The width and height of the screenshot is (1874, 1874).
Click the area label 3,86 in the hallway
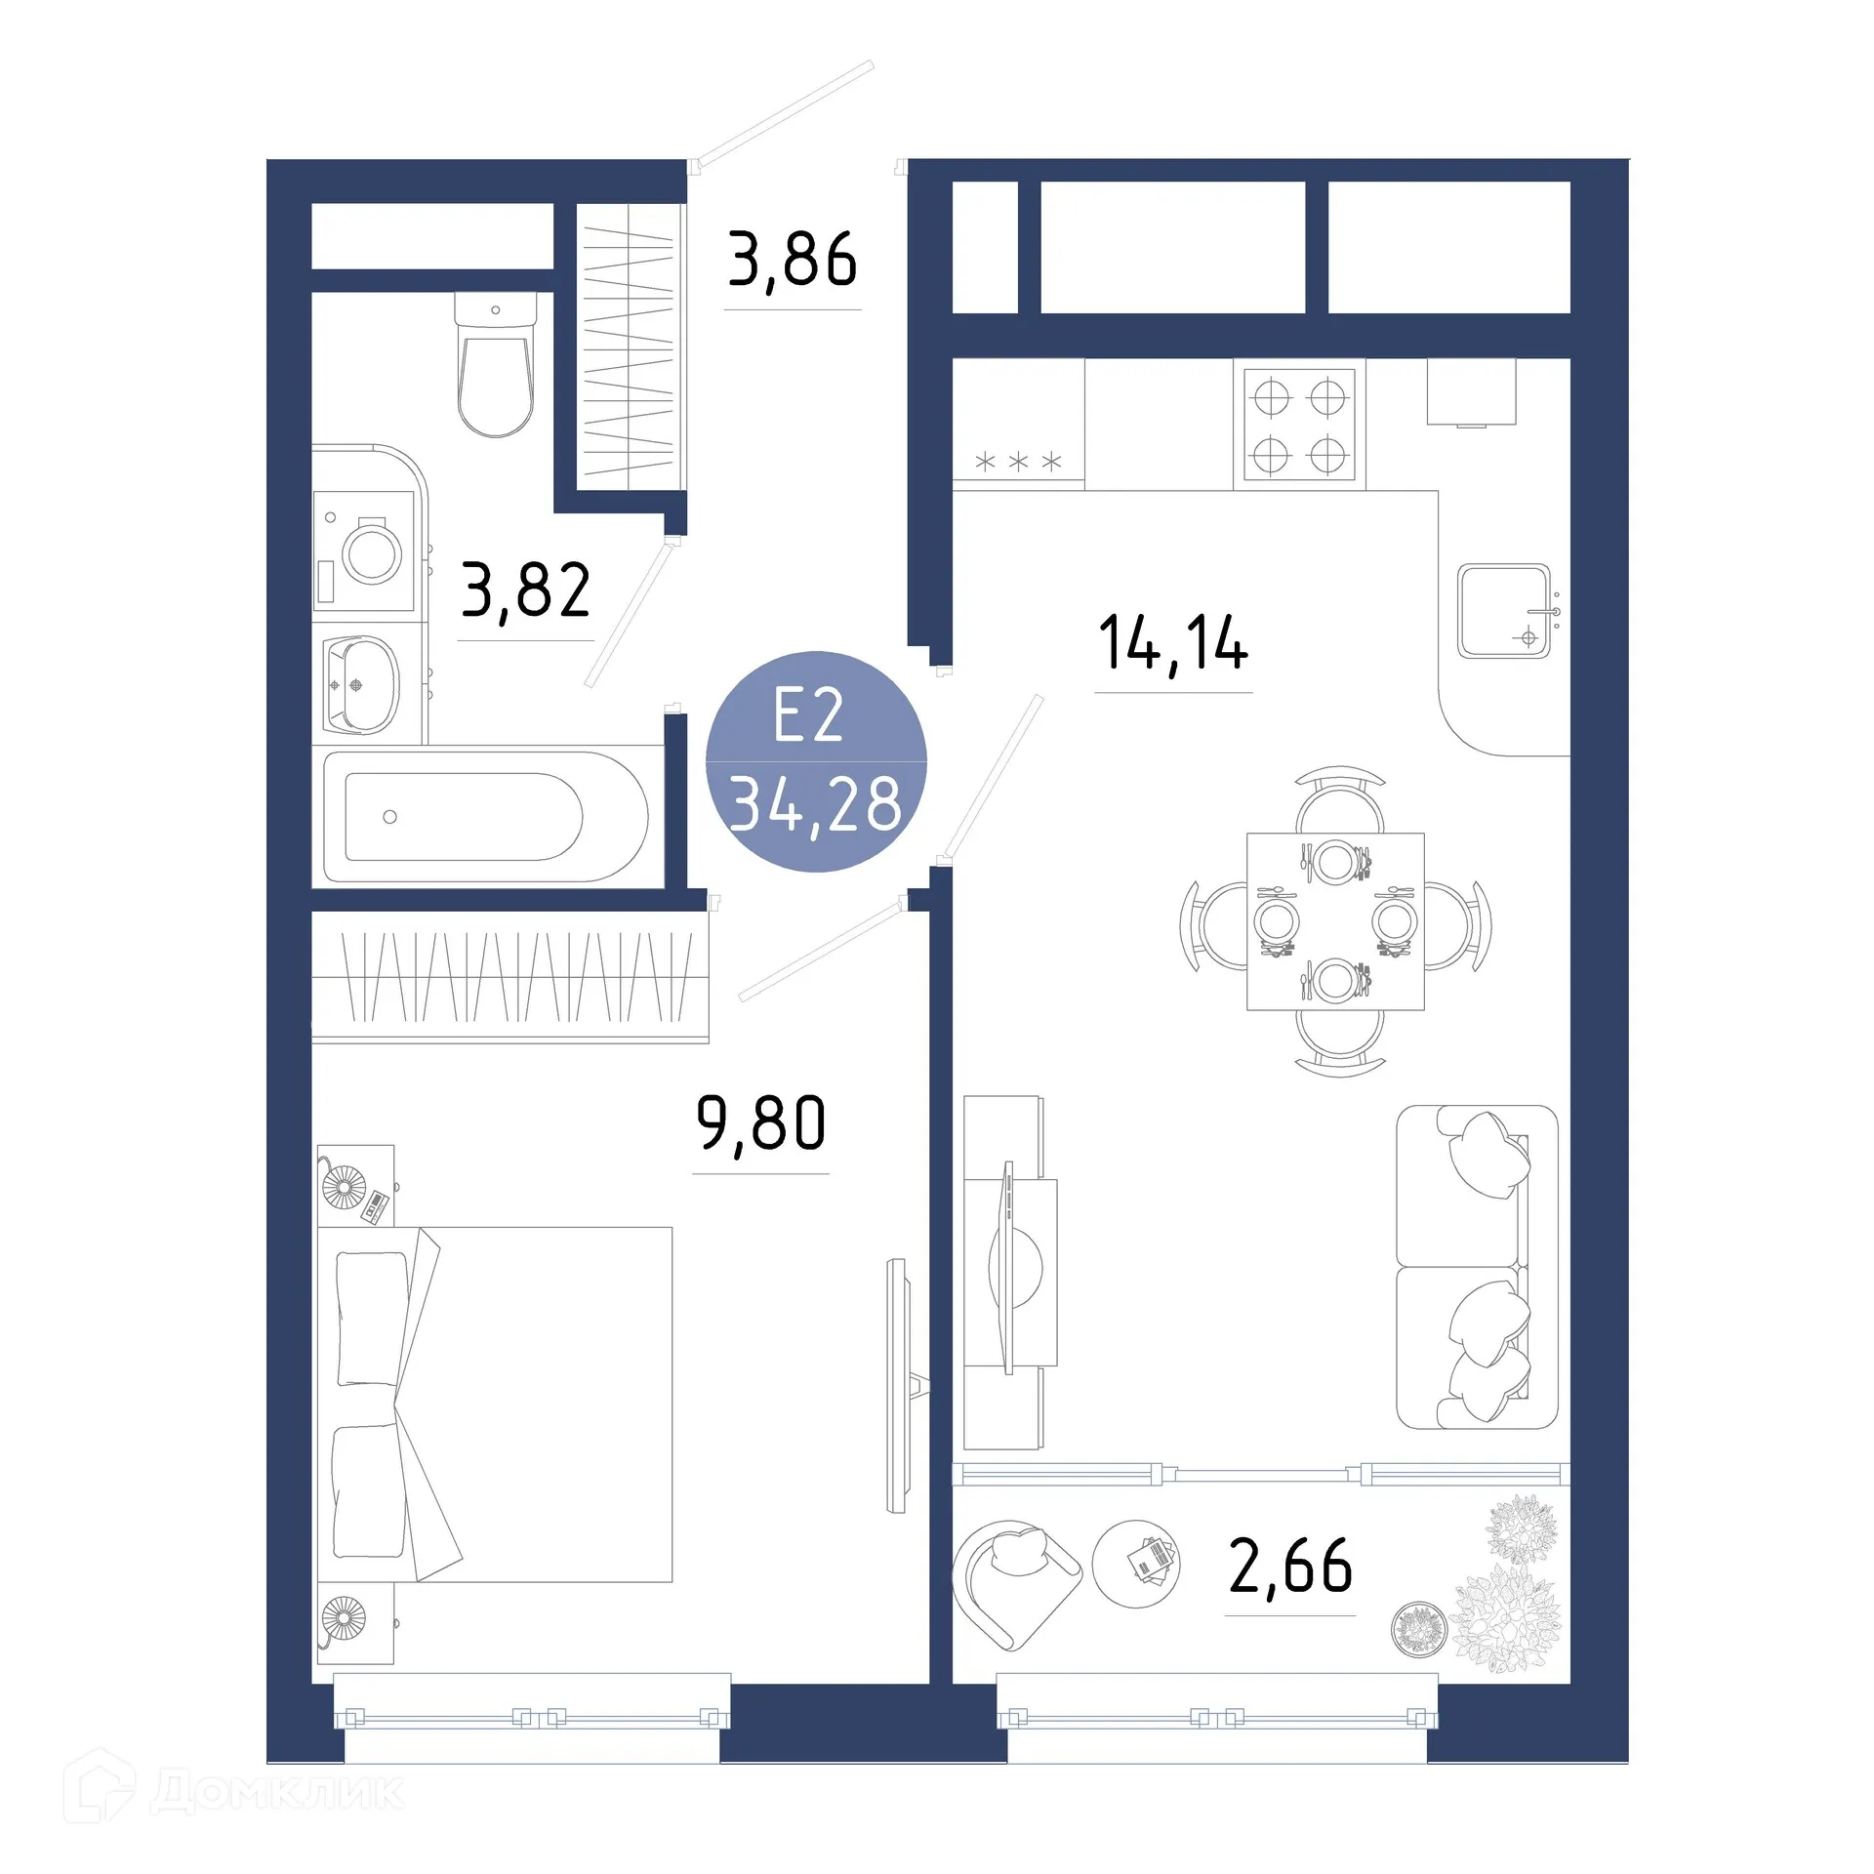point(792,261)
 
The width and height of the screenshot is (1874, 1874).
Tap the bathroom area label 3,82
point(525,591)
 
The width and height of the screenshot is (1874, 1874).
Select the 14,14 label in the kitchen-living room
point(1172,643)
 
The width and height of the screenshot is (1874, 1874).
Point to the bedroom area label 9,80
point(760,1123)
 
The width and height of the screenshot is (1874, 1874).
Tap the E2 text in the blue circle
point(808,715)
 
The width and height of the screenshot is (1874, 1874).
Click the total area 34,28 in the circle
point(816,805)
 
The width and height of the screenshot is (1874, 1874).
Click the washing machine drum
point(372,553)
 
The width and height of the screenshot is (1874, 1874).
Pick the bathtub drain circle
point(390,817)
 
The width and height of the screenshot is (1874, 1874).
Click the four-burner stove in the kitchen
point(1299,426)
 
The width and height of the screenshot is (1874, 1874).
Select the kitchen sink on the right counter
point(1503,612)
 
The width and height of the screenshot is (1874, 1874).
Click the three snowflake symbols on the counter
point(1018,462)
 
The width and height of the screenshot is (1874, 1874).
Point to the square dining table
point(1335,921)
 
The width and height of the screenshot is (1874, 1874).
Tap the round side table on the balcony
point(1135,1564)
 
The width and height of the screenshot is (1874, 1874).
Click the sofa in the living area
point(1476,1267)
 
